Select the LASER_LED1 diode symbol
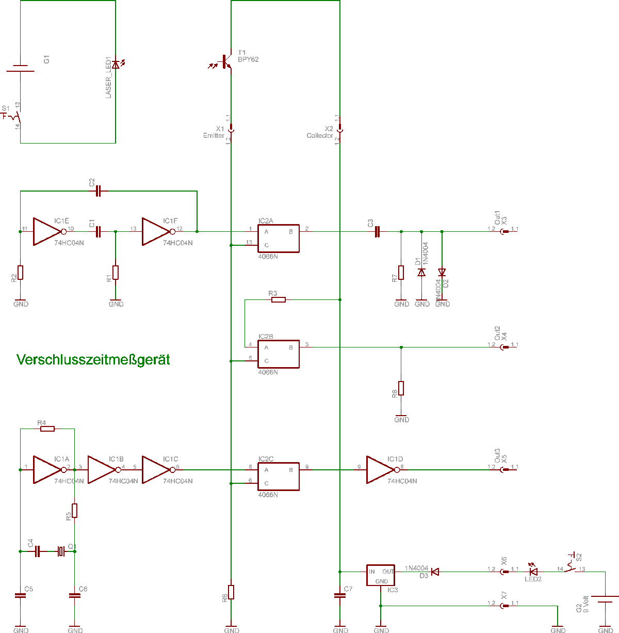[116, 64]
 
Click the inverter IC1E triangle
[48, 231]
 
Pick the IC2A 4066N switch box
[279, 239]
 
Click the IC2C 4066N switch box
[279, 476]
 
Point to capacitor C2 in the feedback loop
[99, 192]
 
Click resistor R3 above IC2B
[278, 299]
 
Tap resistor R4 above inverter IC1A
[47, 429]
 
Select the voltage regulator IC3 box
[381, 575]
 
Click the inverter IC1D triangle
[381, 469]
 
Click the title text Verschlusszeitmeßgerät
[93, 360]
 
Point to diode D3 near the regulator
[435, 572]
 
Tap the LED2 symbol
[533, 572]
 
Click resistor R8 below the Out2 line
[401, 388]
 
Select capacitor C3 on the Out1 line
[377, 232]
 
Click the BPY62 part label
[248, 60]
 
